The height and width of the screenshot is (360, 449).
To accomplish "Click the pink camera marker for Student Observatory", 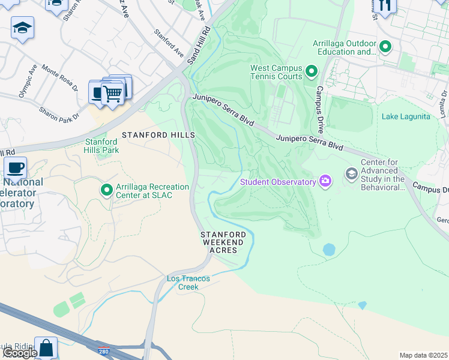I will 325,180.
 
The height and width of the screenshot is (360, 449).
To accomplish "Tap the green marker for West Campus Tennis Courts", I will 311,73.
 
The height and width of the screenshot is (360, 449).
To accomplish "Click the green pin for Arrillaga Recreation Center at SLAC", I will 107,191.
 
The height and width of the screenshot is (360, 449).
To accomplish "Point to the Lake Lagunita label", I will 406,116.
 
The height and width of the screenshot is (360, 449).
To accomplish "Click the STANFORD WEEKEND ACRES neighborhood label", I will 223,242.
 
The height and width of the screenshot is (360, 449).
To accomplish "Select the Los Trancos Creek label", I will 190,283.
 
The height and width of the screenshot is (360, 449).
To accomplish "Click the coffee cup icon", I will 16,167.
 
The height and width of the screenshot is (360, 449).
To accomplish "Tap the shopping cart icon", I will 112,93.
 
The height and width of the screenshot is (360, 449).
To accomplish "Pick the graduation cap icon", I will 22,28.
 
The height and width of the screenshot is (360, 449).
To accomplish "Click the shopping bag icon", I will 46,347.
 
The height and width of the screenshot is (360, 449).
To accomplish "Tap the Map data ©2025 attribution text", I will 424,355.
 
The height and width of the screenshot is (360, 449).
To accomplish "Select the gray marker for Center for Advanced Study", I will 352,175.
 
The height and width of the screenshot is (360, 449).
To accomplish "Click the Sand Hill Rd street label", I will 199,46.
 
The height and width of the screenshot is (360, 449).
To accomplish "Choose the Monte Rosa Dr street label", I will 59,77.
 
